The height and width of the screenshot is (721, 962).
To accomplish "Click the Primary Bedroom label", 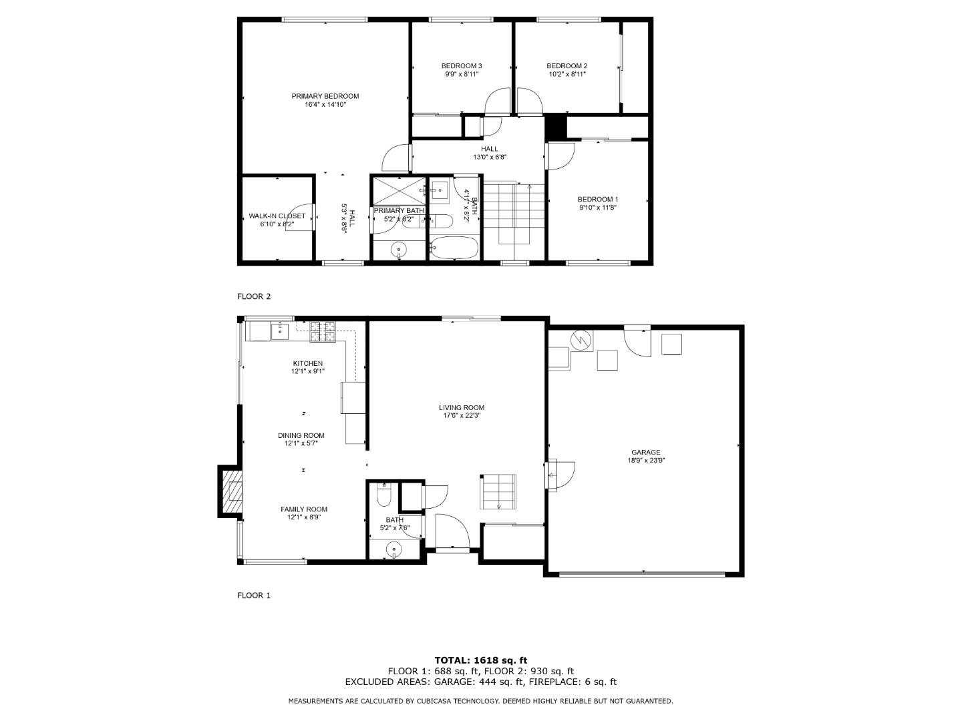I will pos(325,96).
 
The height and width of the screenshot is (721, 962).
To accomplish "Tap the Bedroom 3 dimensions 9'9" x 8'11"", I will pos(461,75).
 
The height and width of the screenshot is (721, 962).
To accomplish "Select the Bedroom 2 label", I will pos(567,65).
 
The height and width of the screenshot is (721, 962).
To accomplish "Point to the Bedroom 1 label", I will pos(597,199).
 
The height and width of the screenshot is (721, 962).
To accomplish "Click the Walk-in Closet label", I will pos(277,216).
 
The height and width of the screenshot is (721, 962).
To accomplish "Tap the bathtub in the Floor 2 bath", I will pos(454,248).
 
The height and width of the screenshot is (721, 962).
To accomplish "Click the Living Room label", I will pos(461,407).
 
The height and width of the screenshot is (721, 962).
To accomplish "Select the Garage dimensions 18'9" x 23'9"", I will pos(645,460).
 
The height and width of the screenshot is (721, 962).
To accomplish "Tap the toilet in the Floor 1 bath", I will pos(384,497).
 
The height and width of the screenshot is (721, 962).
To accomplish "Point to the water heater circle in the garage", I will pos(581,340).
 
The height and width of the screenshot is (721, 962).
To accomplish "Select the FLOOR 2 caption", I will pos(254,296).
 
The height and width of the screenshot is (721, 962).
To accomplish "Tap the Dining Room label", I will pos(301,435).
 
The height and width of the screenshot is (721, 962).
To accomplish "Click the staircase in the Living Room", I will pos(498,491).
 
